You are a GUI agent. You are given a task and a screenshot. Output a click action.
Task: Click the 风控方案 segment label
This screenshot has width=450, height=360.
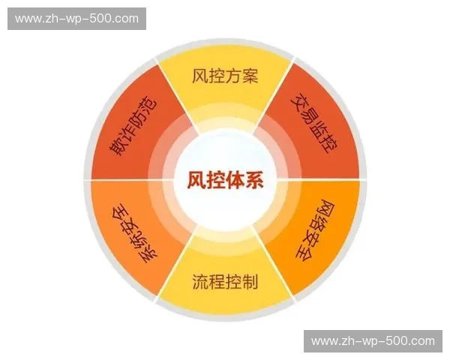click(225, 76)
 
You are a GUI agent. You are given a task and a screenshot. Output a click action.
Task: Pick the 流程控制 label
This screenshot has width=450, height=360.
click(224, 282)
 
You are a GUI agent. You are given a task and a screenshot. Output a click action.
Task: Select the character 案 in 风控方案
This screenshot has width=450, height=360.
click(250, 76)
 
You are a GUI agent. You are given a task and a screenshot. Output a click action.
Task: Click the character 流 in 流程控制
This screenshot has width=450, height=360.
click(199, 282)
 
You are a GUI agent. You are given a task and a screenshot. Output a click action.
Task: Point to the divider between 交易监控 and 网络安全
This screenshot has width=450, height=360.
click(330, 180)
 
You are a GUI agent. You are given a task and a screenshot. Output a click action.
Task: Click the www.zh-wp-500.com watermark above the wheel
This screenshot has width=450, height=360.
click(77, 18)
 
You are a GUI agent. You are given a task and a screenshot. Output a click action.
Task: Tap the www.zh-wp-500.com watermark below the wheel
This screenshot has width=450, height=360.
click(373, 341)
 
